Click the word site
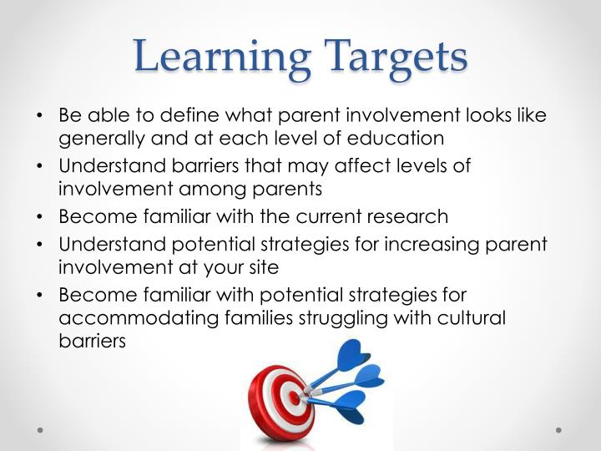[x=263, y=266]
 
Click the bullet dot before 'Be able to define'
[x=41, y=116]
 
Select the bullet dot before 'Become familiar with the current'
[x=41, y=217]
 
